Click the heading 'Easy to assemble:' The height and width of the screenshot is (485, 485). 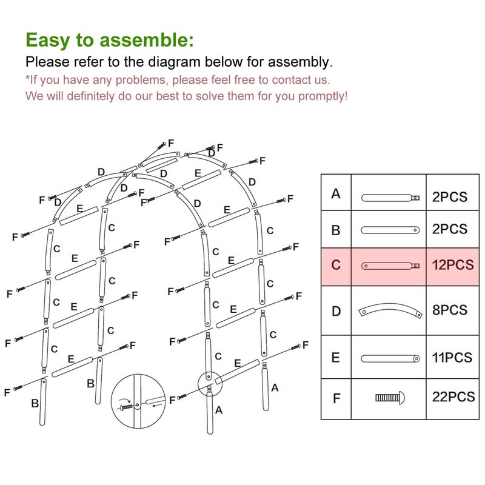click(110, 40)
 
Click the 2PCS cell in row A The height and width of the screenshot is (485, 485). click(450, 196)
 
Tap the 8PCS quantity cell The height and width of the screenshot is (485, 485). click(450, 310)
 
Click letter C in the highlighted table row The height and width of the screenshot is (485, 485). click(336, 265)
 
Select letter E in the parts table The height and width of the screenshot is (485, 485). click(336, 358)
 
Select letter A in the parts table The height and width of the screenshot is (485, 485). click(336, 195)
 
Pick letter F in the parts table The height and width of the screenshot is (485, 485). click(336, 398)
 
